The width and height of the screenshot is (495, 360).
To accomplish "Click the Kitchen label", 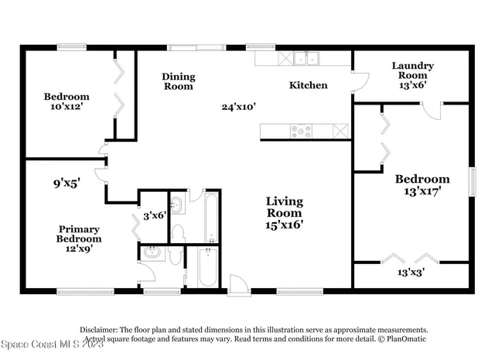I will point(308,85).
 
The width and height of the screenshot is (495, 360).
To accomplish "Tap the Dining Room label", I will point(178,81).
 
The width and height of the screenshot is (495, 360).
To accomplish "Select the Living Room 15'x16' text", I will point(285,214).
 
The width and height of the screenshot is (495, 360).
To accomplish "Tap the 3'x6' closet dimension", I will point(155,216).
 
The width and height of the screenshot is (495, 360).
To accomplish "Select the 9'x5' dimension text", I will point(67,184).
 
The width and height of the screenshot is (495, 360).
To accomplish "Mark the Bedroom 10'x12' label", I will point(66,101).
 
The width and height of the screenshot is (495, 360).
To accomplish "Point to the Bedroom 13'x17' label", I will point(418,185).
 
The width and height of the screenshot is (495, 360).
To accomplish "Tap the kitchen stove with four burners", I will point(301,130).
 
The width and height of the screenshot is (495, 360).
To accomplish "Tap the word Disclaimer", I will point(98,329).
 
